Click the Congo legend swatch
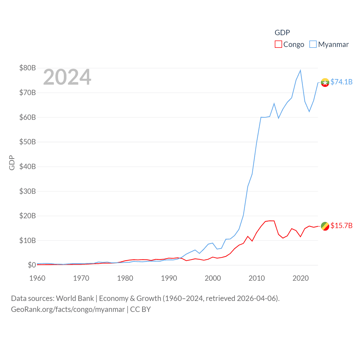pos(278,44)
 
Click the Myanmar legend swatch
pos(313,44)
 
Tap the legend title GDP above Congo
pos(282,33)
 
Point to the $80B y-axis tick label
pos(28,68)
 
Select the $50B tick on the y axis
pos(28,142)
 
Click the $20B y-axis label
pos(28,216)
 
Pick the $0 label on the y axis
pos(32,265)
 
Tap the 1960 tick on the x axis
pos(37,278)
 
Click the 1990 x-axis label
pos(169,278)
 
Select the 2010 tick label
pos(257,278)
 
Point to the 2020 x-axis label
pos(301,278)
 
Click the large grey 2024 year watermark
pos(67,77)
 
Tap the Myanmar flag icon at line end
pos(325,82)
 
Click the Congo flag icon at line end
pos(325,226)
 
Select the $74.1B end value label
pos(341,82)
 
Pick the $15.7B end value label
pos(341,226)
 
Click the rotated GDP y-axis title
pos(12,163)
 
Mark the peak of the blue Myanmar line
pos(300,70)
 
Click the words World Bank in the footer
pos(75,298)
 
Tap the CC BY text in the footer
pos(140,309)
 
